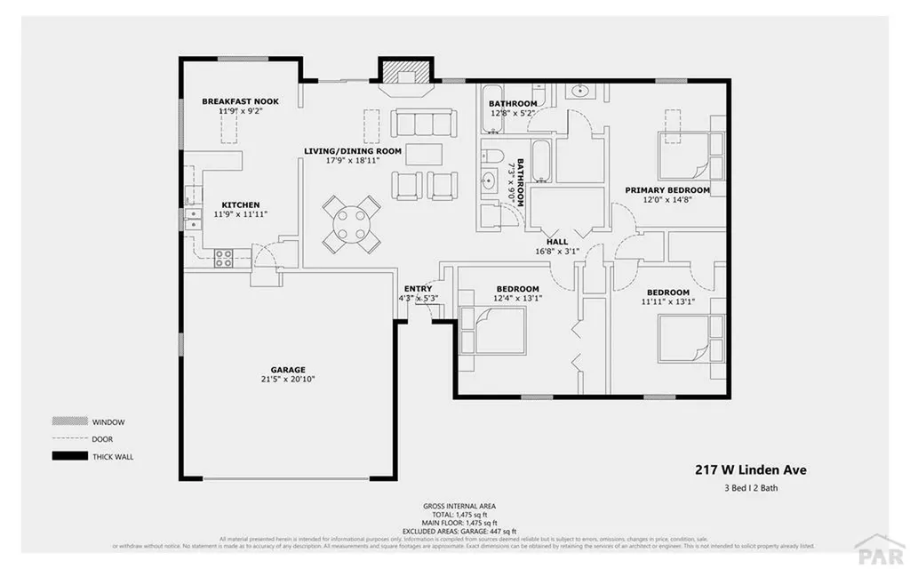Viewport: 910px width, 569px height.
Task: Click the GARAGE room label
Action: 288,369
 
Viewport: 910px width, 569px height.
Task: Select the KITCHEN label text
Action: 240,204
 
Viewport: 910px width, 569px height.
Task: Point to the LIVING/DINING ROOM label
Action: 353,151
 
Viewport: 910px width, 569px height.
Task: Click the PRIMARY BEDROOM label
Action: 667,190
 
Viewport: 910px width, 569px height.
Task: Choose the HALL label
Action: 556,241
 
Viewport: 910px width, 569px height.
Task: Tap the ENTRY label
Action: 418,289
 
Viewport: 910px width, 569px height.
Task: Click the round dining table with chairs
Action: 352,224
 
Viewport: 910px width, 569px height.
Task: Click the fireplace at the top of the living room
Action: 405,76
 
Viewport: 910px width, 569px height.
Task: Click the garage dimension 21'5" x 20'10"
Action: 288,380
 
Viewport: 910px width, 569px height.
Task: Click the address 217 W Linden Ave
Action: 750,470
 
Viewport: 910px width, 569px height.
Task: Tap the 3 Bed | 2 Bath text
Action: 750,488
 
